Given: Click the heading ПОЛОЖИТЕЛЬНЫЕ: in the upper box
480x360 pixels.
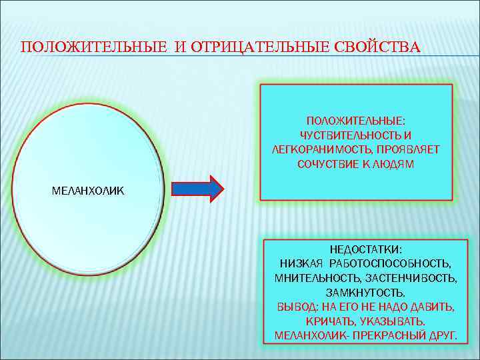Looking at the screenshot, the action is (x=356, y=121).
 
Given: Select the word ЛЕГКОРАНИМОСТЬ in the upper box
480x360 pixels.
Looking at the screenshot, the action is (x=313, y=149).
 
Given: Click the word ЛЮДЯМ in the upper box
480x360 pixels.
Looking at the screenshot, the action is (x=397, y=163).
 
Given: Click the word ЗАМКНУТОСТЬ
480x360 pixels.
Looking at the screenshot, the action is (x=365, y=292).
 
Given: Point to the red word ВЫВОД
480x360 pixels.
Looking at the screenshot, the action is (x=291, y=307).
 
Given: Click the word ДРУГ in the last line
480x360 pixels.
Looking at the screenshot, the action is (x=443, y=335).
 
